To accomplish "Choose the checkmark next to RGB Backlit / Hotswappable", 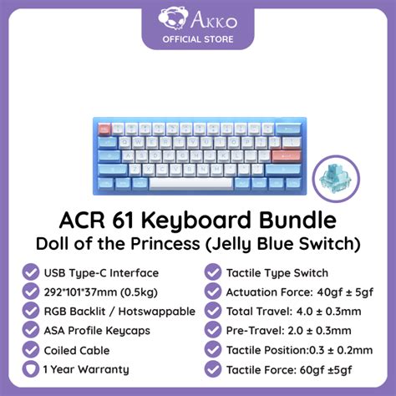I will coord(31,311).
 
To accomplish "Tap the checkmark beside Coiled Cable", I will coord(31,351).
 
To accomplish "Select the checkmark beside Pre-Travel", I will coord(211,331).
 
